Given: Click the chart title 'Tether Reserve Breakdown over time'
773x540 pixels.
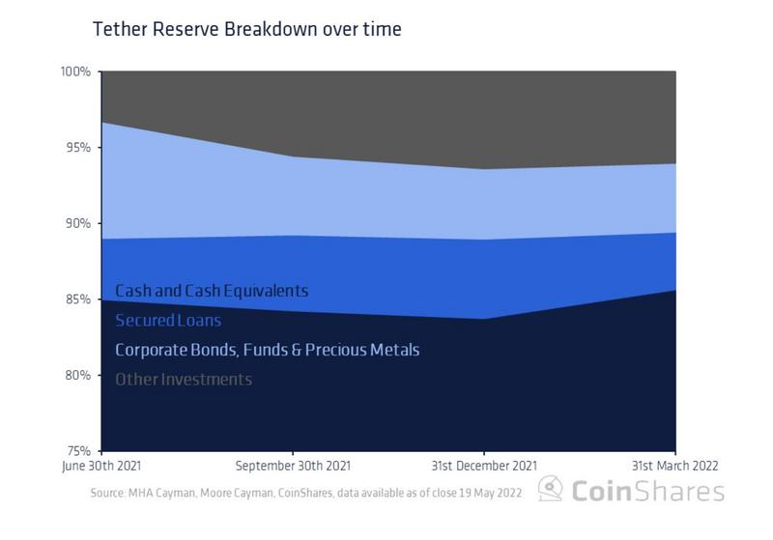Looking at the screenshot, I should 246,29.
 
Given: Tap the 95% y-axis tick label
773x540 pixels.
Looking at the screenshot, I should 77,148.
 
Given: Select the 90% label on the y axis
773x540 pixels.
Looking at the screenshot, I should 77,223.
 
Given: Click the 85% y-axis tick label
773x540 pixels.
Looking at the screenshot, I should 77,299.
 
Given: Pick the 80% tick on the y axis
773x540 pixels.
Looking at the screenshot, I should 77,375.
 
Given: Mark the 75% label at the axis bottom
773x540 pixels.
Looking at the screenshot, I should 77,450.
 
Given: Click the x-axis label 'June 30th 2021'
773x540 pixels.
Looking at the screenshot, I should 100,466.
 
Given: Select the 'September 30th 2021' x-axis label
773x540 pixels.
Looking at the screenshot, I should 292,466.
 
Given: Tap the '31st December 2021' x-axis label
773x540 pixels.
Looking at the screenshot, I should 483,466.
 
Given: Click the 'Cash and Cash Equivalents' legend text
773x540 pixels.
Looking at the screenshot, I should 212,290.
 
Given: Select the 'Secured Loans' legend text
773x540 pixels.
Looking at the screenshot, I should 168,320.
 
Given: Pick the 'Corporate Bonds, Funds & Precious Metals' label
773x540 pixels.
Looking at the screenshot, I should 267,350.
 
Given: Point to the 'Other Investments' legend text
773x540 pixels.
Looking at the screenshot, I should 184,380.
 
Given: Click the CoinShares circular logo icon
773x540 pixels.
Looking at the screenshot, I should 552,489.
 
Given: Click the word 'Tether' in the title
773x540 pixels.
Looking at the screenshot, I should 119,29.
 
